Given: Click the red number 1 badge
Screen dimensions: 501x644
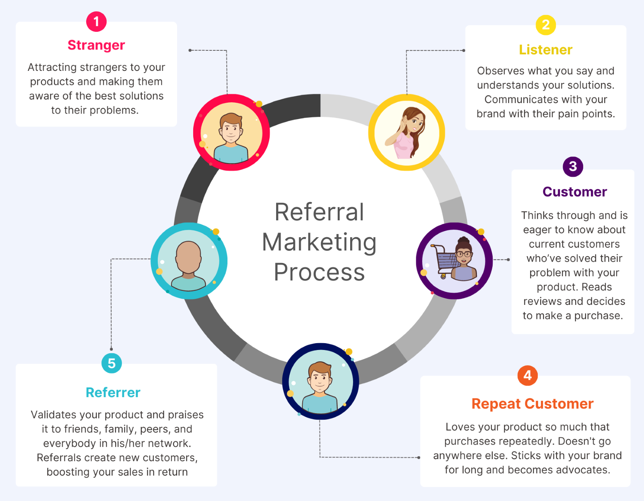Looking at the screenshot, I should click(96, 21).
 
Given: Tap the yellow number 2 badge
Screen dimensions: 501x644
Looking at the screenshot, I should click(545, 25).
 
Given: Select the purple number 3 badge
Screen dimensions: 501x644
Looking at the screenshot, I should click(573, 166).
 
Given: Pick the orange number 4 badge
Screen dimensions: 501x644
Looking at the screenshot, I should click(527, 375).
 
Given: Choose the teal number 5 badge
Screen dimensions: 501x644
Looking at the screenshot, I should click(111, 363).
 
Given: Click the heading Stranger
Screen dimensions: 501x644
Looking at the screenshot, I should click(96, 45).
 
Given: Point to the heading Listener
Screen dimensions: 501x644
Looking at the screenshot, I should click(545, 50).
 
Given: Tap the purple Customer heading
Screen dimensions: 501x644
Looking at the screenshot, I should click(574, 192).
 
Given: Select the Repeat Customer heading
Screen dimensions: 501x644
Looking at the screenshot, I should click(532, 404).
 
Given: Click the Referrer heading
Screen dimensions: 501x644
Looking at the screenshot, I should click(113, 392).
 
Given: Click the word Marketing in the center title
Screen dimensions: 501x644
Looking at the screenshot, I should click(319, 242).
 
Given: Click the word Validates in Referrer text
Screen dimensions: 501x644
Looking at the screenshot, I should click(54, 415).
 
